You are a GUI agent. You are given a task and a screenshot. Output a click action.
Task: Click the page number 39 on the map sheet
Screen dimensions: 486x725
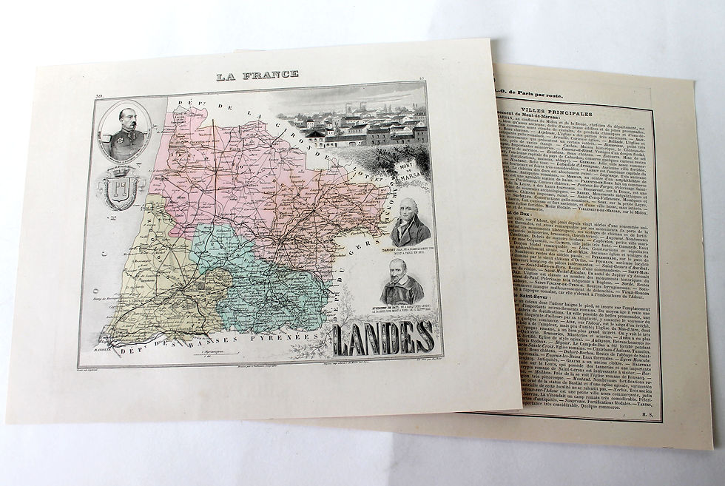click(100, 97)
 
